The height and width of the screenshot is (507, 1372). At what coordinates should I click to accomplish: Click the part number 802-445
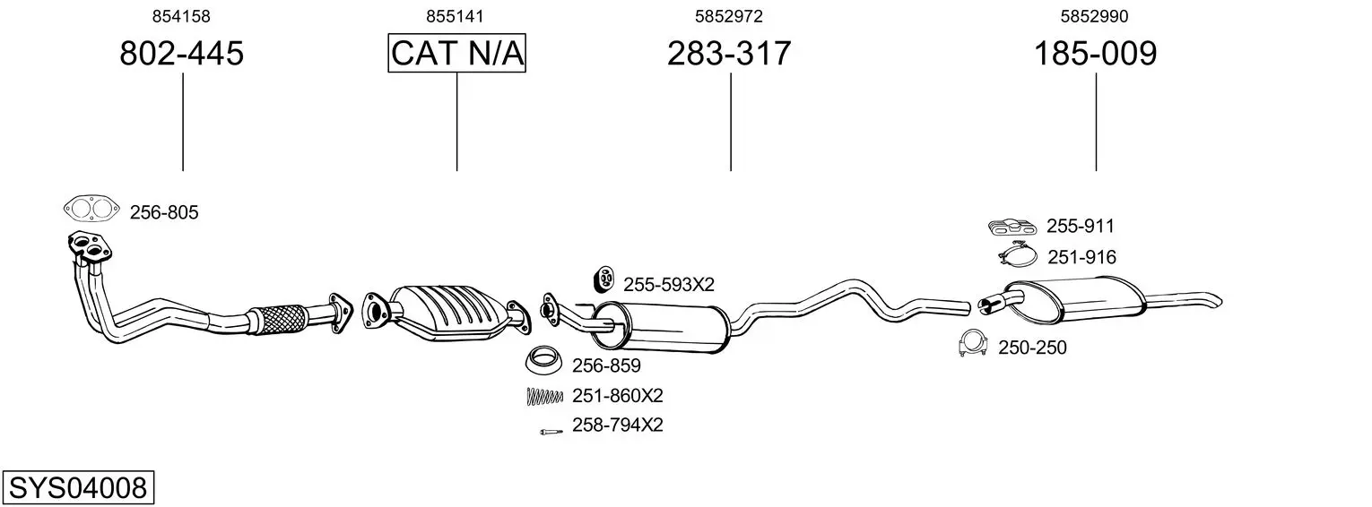(181, 53)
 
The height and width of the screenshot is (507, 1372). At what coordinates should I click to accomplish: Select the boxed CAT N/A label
(457, 53)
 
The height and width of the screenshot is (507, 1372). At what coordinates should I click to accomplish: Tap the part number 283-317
(729, 53)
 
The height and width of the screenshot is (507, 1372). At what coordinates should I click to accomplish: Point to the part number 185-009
(1095, 53)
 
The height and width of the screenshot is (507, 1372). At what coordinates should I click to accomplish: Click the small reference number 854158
(181, 16)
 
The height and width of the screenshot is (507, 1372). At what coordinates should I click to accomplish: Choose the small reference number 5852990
(1095, 16)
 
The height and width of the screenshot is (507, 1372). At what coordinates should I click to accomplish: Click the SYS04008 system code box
(78, 487)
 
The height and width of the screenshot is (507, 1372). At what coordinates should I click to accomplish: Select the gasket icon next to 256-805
(91, 209)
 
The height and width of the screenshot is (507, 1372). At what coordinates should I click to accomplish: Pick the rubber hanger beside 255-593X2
(604, 279)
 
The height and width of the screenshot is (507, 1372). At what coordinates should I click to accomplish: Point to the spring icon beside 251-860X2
(544, 397)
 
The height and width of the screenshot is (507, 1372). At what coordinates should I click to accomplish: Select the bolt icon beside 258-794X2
(551, 432)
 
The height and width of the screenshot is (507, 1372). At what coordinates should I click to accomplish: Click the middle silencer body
(662, 327)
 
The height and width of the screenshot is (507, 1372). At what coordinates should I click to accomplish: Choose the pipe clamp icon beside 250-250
(973, 343)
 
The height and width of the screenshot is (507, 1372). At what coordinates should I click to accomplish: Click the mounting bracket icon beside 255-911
(1012, 227)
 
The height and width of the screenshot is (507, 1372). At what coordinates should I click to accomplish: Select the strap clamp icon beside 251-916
(1018, 254)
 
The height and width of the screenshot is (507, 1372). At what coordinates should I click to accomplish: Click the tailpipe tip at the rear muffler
(1216, 301)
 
